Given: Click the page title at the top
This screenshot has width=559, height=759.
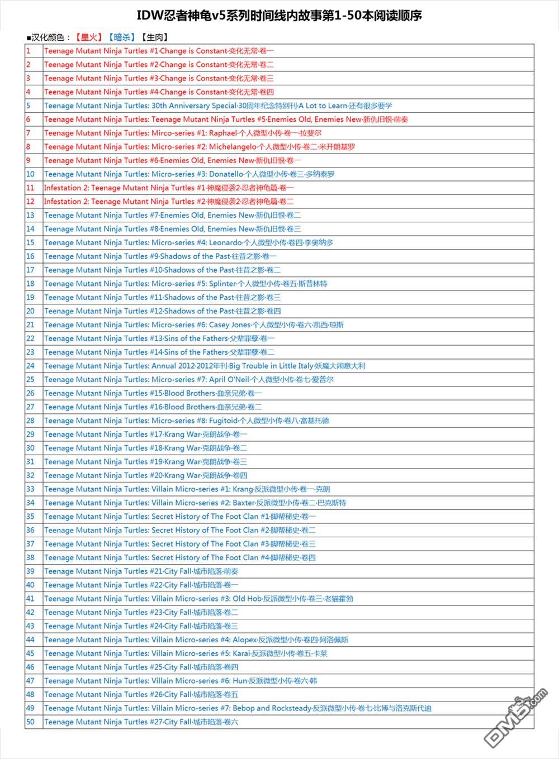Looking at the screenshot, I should (279, 16).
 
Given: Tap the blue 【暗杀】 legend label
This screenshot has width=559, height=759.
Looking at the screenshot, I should (122, 37).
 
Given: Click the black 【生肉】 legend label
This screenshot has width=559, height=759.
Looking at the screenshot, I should (154, 37).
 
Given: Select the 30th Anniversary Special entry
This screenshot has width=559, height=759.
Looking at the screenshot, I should (218, 106).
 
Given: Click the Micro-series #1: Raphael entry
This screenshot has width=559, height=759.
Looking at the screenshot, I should (183, 133).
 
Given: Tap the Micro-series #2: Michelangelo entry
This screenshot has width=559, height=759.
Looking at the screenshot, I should (200, 147).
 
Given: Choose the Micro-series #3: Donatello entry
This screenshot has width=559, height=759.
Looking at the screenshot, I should (190, 174).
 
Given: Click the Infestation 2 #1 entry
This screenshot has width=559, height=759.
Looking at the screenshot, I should (169, 188).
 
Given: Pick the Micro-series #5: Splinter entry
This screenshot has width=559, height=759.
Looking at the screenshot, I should (186, 284).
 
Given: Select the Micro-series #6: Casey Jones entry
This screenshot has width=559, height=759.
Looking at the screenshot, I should (194, 325).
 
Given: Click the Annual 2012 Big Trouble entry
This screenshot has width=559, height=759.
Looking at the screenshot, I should (205, 366).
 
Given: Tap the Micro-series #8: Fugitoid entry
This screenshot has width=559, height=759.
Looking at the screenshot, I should (187, 421).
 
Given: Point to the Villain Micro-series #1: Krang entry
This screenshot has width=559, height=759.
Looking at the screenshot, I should (187, 489).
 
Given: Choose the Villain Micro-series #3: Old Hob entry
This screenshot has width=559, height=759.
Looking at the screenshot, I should (198, 599).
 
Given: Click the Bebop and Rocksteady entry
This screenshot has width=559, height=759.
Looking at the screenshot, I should (238, 708).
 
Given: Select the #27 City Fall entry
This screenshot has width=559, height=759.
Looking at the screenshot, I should (141, 722).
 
